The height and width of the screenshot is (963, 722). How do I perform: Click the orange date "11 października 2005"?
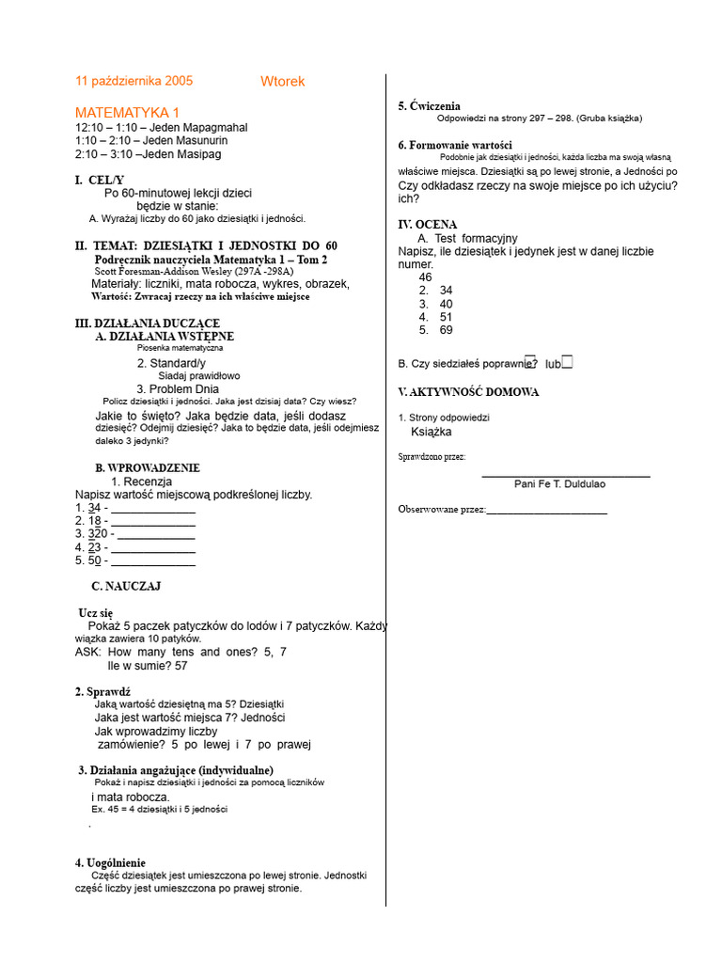[133, 81]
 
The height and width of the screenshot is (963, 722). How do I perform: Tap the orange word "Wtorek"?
[282, 82]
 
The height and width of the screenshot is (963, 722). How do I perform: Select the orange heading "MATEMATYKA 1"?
[127, 113]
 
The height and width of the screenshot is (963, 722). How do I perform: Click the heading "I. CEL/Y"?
[100, 180]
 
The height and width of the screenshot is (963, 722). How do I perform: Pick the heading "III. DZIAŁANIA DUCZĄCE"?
[147, 323]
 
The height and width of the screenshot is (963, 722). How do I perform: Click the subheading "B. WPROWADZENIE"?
[147, 467]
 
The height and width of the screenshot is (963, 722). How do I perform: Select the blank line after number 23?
[153, 548]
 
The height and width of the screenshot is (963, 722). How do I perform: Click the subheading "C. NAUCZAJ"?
[126, 586]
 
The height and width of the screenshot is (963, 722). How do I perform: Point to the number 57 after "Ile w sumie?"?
[180, 666]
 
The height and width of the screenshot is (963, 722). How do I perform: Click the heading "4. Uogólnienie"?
[110, 862]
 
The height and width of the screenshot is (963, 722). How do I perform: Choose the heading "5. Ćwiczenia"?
[429, 106]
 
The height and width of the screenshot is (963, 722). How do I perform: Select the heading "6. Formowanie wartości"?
[454, 145]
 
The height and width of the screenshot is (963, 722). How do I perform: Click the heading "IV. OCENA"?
[428, 225]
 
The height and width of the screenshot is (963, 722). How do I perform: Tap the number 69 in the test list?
[446, 330]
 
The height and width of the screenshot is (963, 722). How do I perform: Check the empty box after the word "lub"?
[567, 362]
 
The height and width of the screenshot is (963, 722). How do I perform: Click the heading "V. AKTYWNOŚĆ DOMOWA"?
[468, 391]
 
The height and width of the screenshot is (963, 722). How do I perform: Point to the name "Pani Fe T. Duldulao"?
[559, 483]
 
